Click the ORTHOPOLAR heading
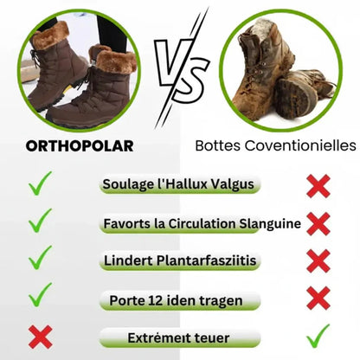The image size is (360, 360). coord(78,145)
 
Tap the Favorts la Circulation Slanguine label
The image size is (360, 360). coord(202,223)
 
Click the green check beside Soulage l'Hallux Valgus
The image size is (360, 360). coord(40,183)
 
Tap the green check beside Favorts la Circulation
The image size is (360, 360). coord(40,222)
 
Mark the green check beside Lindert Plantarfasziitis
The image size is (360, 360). coord(40,259)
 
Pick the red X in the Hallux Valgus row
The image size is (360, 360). coord(318,184)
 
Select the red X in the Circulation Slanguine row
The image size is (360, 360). coord(318,223)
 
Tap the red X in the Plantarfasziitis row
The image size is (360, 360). coord(318,260)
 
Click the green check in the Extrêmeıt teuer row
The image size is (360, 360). coord(318,334)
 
